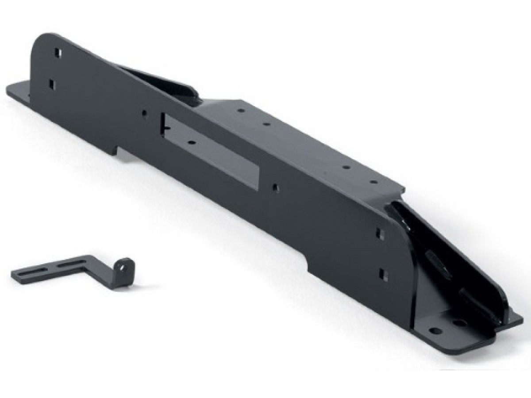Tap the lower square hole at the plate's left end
(52, 84)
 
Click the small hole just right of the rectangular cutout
(275, 187)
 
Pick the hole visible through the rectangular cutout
(192, 143)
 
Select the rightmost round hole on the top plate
(373, 181)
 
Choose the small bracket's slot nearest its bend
(71, 265)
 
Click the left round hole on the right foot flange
(435, 331)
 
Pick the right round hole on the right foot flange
(460, 323)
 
